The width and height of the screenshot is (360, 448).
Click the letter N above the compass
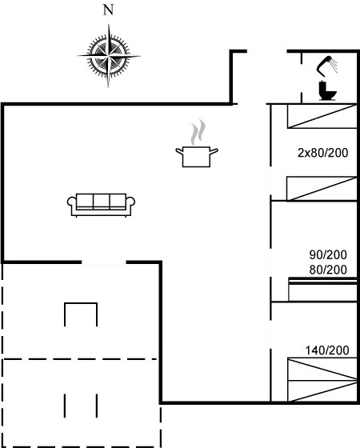(108, 10)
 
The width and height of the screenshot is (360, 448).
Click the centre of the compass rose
(109, 55)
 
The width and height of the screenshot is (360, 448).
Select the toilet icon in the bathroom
(328, 91)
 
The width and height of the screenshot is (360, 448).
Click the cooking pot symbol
(197, 157)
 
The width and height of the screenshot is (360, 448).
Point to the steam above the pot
(198, 132)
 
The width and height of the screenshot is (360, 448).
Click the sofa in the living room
(101, 205)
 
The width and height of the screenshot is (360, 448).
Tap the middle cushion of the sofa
(102, 201)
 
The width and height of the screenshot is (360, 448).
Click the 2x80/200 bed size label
(323, 153)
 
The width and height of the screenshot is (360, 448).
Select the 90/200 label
(328, 254)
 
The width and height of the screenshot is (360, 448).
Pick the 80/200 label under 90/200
(328, 270)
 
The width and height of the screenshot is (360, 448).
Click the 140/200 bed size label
(327, 350)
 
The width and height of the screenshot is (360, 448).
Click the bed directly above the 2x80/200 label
(322, 116)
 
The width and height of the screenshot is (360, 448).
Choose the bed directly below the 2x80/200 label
(322, 189)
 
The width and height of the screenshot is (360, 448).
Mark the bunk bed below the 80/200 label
(322, 289)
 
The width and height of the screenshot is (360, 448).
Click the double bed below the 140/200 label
(322, 380)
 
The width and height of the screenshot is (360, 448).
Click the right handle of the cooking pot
(214, 151)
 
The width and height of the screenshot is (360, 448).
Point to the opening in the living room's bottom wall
(104, 262)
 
